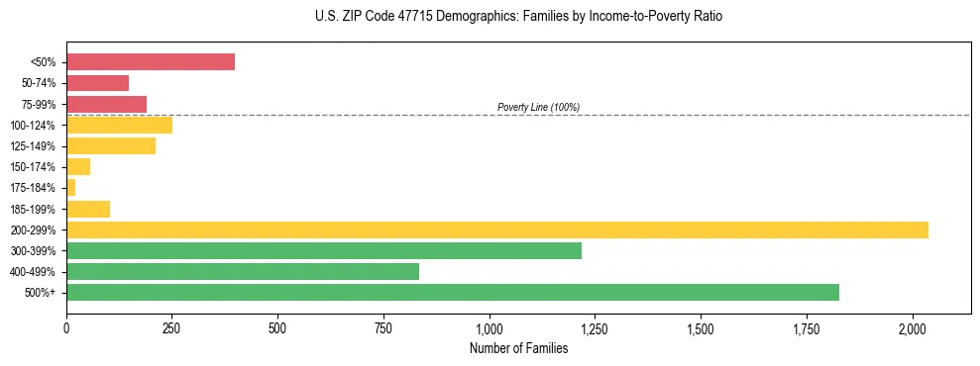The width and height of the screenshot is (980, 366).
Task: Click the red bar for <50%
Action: tap(151, 62)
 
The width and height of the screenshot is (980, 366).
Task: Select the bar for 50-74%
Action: tap(97, 83)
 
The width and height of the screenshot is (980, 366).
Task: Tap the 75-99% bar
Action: tap(106, 104)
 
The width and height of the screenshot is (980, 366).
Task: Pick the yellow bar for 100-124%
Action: tap(119, 125)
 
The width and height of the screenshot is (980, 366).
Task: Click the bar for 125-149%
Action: tap(111, 146)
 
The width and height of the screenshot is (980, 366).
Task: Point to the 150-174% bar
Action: tap(78, 167)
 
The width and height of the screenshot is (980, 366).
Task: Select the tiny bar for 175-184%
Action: tap(71, 188)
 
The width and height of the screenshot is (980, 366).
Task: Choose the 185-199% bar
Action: tap(88, 209)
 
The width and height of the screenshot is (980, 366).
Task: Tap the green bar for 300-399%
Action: tap(324, 250)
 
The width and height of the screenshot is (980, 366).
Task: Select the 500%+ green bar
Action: tap(453, 292)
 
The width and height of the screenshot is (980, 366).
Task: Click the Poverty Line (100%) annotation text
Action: tap(538, 107)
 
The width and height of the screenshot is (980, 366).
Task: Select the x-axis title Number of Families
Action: tap(518, 348)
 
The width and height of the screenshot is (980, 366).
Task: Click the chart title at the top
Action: tap(518, 18)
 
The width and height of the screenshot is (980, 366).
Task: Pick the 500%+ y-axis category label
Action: tap(43, 293)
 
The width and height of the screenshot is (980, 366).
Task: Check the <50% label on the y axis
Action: tap(44, 62)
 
